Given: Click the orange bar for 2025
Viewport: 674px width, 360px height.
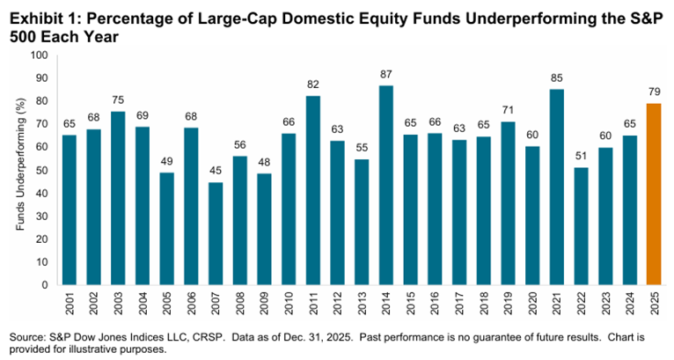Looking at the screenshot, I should click(653, 194).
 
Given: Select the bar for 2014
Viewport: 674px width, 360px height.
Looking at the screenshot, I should click(385, 185).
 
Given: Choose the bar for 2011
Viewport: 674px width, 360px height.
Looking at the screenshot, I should click(312, 190).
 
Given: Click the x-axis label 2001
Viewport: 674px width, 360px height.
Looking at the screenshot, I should click(70, 305).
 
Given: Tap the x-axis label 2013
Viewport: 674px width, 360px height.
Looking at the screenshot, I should click(362, 305).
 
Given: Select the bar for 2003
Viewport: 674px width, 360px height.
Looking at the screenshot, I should click(118, 198).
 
